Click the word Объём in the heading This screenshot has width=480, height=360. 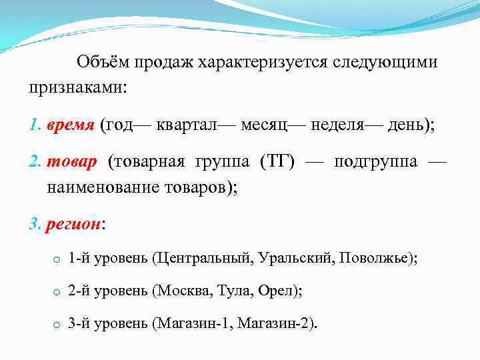pos(102,63)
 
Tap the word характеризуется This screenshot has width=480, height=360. pos(259,63)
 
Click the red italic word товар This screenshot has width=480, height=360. pos(71,163)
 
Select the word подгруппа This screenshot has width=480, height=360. pos(376,163)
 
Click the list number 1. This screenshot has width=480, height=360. pos(34,125)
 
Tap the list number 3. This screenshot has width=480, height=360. pos(34,225)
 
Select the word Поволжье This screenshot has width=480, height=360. pos(375,258)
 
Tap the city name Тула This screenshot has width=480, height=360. pos(233,291)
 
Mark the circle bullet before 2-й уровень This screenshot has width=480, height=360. pos(57,292)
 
